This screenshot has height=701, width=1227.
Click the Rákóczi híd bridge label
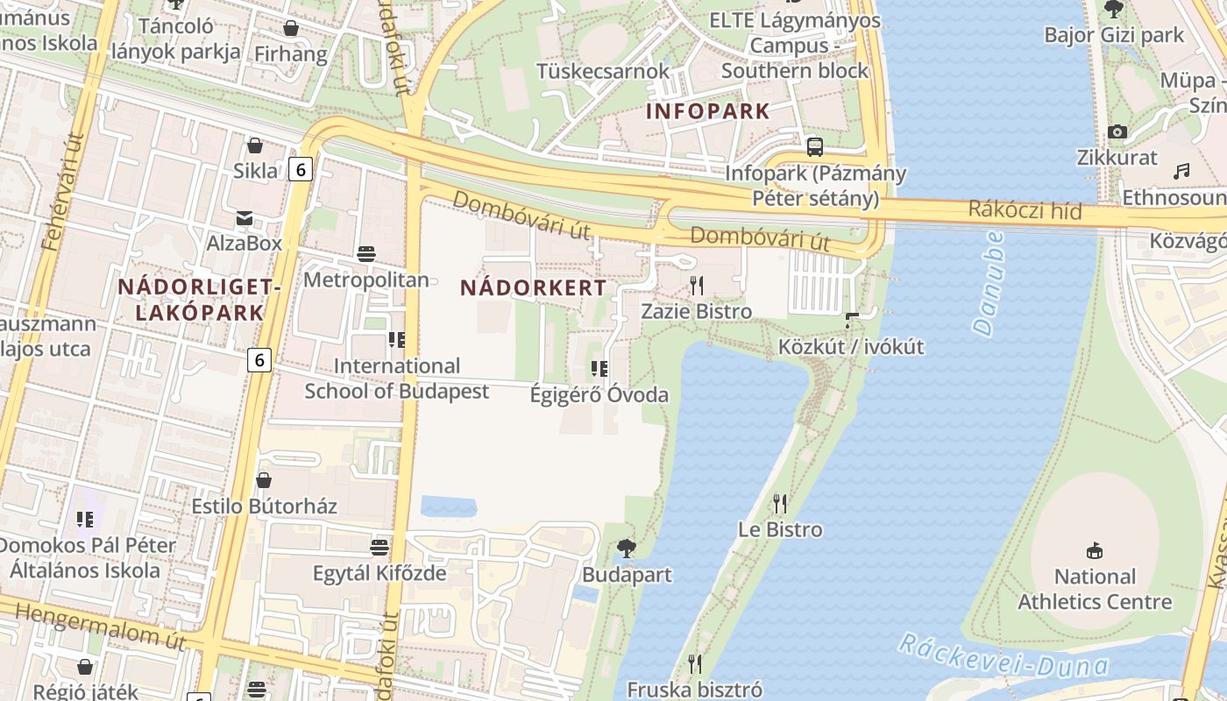click(x=1025, y=210)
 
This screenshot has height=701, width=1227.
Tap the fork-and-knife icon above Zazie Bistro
click(x=697, y=285)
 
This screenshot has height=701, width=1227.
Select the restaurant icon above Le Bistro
click(x=780, y=503)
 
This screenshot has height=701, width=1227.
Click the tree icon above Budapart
click(x=626, y=549)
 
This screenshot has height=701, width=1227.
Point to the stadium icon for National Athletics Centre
click(x=1094, y=550)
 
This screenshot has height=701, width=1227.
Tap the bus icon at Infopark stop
click(x=815, y=146)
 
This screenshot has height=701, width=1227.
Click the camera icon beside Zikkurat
click(x=1117, y=131)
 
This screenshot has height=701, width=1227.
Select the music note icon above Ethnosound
click(x=1182, y=170)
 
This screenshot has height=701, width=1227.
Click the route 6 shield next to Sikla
click(x=301, y=169)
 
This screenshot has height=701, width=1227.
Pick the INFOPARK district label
click(x=707, y=111)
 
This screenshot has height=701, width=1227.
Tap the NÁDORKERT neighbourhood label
click(x=533, y=287)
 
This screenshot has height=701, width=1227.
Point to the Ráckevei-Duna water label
click(x=1003, y=657)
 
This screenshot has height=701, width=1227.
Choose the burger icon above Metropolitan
click(x=366, y=254)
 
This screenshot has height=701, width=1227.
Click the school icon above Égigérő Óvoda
click(x=599, y=368)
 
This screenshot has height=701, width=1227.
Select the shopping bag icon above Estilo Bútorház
click(x=264, y=479)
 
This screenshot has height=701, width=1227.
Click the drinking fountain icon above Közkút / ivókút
click(x=850, y=321)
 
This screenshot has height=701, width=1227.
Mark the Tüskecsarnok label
click(x=603, y=71)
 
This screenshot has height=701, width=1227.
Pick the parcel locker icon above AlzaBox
click(x=244, y=217)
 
